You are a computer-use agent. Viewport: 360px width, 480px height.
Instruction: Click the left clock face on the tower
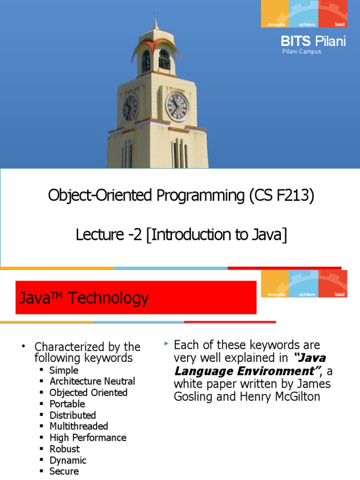[x=130, y=108]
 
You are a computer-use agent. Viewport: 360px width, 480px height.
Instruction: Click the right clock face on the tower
[x=178, y=106]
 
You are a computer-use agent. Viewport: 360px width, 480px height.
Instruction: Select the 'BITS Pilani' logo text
[x=313, y=41]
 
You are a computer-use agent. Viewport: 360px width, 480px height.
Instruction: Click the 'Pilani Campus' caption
[x=301, y=52]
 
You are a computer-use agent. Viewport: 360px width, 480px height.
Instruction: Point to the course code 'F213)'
[x=295, y=195]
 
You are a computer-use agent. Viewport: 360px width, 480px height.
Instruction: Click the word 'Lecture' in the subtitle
[x=97, y=235]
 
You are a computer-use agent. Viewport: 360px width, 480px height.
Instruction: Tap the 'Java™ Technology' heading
[x=84, y=298]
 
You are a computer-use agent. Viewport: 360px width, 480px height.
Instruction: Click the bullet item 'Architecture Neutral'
[x=92, y=381]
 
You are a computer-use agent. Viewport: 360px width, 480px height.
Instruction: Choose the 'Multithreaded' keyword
[x=79, y=426]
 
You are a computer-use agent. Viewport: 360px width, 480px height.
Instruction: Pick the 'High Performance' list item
[x=88, y=437]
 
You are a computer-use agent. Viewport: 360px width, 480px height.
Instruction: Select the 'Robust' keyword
[x=65, y=449]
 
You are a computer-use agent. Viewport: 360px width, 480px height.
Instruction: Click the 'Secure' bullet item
[x=64, y=471]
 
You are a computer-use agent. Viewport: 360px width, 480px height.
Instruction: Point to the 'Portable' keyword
[x=67, y=404]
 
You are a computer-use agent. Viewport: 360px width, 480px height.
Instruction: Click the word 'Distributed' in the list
[x=73, y=415]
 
